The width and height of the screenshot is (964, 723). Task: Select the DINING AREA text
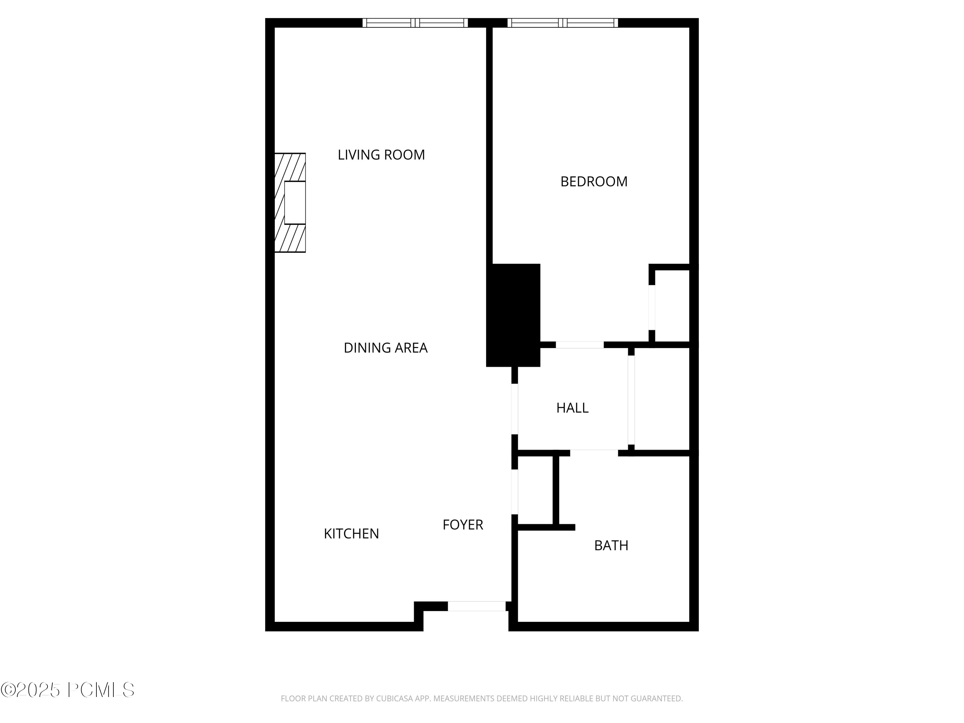(x=385, y=348)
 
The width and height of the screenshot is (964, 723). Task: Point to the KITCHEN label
(x=351, y=534)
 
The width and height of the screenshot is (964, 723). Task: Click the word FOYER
(x=463, y=525)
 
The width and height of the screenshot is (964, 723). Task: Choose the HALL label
(x=572, y=408)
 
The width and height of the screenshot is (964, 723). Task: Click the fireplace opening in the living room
(x=295, y=203)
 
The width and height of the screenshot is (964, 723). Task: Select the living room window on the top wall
(x=415, y=23)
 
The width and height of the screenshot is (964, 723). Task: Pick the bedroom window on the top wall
(x=563, y=23)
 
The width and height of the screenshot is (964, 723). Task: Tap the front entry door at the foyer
(x=477, y=606)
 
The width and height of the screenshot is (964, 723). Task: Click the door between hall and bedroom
(x=580, y=345)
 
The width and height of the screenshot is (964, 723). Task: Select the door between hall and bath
(x=594, y=453)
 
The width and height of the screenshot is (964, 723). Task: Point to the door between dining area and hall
(x=515, y=409)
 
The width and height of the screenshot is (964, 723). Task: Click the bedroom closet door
(x=652, y=307)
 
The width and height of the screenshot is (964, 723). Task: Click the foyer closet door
(x=515, y=492)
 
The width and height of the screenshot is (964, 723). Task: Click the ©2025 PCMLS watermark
(x=67, y=690)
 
